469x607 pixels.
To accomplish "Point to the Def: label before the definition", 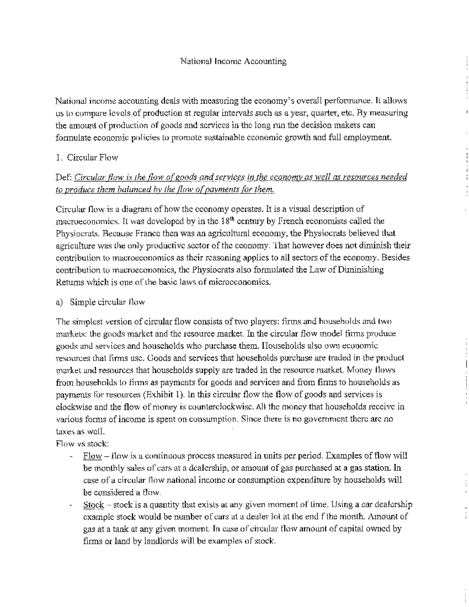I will coord(63,177).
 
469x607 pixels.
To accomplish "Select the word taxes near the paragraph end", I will coord(66,432).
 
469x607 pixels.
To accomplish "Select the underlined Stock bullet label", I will coord(94,505).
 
